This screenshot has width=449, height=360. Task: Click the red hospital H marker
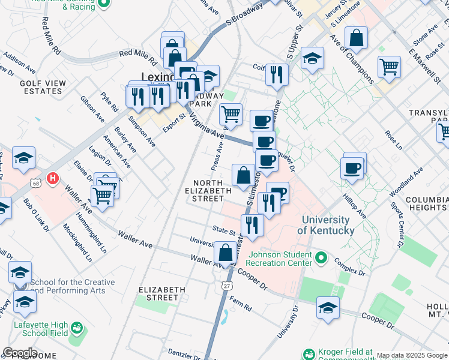[x=53, y=178]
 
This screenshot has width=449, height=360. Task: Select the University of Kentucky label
[x=325, y=226]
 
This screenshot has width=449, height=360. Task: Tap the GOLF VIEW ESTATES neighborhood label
[x=41, y=87]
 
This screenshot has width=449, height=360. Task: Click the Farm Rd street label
[x=240, y=307]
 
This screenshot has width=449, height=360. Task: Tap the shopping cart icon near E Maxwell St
[x=390, y=67]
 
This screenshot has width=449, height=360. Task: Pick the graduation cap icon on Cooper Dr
[x=328, y=308]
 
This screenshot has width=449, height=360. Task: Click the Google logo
[x=20, y=353]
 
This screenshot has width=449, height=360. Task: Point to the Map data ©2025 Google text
[x=412, y=356]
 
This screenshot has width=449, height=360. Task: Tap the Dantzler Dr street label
[x=183, y=351]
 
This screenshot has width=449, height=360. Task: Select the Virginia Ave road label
[x=206, y=126]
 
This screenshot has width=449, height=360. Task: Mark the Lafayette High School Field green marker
[x=76, y=328]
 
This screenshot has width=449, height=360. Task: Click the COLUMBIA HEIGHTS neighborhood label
[x=427, y=203]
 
